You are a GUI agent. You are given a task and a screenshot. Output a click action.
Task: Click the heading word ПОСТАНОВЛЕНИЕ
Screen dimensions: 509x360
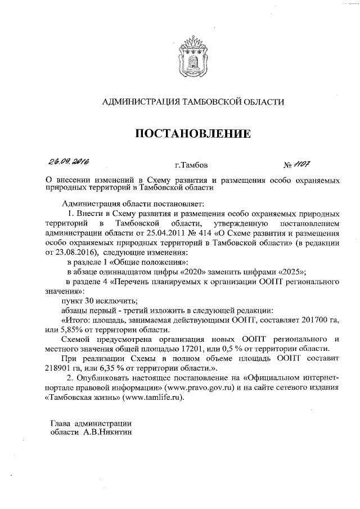[191, 134]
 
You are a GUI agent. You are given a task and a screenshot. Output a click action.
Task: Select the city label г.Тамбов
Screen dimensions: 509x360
[191, 166]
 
